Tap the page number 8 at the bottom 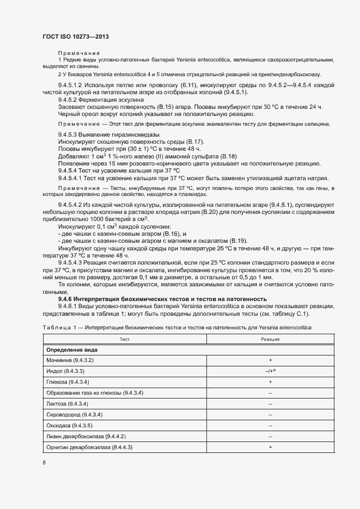tap(44, 462)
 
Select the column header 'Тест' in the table tap(125, 339)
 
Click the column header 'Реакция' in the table tap(270, 339)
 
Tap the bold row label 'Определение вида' tap(68, 349)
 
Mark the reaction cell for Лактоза tap(270, 403)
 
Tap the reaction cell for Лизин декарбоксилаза tap(270, 436)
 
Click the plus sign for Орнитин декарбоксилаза tap(270, 447)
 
